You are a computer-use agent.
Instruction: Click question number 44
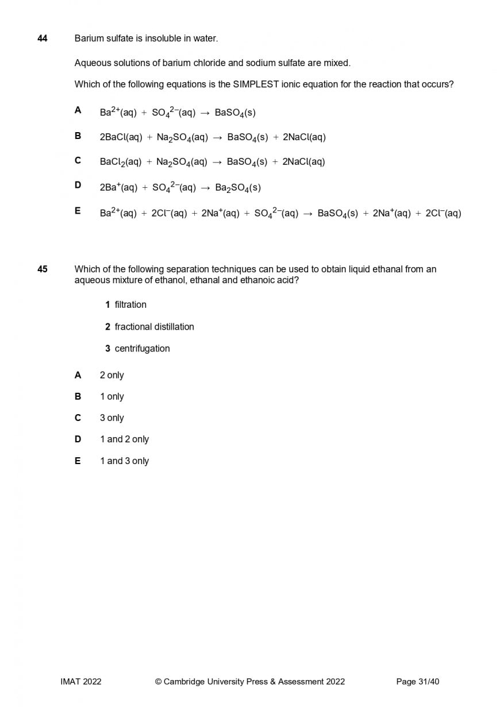tap(42, 38)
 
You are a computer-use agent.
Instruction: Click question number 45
tap(42, 269)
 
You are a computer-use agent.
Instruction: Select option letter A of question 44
tap(78, 110)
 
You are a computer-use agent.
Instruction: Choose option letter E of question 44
tap(78, 211)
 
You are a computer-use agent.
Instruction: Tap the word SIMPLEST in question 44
tap(256, 84)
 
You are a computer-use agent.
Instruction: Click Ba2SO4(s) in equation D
tap(238, 188)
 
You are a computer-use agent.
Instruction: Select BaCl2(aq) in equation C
tap(121, 162)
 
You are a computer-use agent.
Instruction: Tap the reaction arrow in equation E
tap(307, 214)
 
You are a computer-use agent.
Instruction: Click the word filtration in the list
tap(130, 304)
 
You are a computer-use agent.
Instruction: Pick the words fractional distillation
tap(154, 327)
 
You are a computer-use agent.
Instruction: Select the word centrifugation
tap(142, 349)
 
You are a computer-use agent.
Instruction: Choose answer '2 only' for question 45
tap(111, 375)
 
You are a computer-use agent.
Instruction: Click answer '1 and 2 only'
tap(124, 439)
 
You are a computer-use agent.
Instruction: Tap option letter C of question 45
tap(78, 418)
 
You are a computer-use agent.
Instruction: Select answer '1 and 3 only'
tap(124, 461)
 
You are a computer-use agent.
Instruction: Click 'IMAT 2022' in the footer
tap(81, 682)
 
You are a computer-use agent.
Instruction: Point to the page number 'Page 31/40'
tap(418, 682)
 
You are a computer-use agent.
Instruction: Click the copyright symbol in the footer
tap(158, 682)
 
